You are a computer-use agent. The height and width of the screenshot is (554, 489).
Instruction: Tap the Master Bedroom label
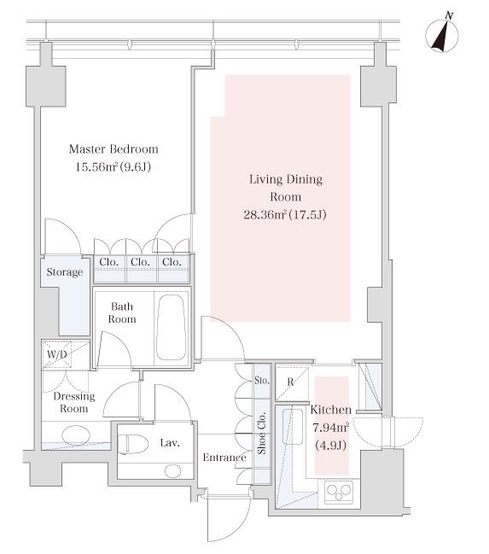[114, 149]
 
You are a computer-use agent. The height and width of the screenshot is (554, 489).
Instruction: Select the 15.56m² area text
[96, 166]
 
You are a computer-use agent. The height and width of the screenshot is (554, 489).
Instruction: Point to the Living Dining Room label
[286, 188]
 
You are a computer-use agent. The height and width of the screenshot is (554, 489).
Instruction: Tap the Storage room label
[65, 272]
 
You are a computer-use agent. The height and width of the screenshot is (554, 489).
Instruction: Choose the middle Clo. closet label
[140, 262]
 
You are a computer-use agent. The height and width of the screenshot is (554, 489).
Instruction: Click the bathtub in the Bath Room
[171, 327]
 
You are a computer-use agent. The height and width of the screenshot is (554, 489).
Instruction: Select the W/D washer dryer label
[57, 354]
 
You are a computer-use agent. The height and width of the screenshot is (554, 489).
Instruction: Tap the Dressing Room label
[74, 402]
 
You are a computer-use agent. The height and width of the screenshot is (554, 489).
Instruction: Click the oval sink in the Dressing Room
[76, 435]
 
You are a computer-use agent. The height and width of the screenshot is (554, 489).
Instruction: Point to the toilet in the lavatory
[132, 445]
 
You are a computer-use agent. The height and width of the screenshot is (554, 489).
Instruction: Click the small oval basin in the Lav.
[173, 471]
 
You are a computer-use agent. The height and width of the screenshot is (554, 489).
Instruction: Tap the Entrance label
[224, 458]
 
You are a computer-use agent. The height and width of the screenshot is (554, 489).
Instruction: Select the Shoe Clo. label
[262, 433]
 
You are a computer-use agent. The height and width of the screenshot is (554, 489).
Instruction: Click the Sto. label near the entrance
[262, 381]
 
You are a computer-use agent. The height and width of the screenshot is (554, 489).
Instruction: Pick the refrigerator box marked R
[292, 382]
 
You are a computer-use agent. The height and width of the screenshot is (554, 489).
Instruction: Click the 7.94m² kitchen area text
[331, 428]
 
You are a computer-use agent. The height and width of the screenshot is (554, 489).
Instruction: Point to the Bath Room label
[122, 312]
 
